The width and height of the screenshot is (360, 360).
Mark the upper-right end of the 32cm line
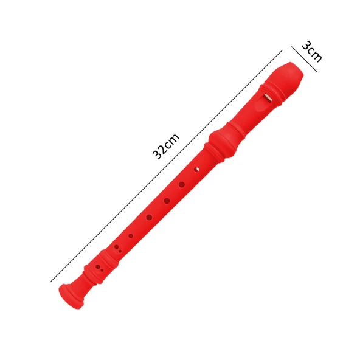(282, 50)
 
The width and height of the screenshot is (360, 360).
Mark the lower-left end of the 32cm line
(50, 282)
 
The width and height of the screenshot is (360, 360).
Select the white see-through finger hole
(196, 168)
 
